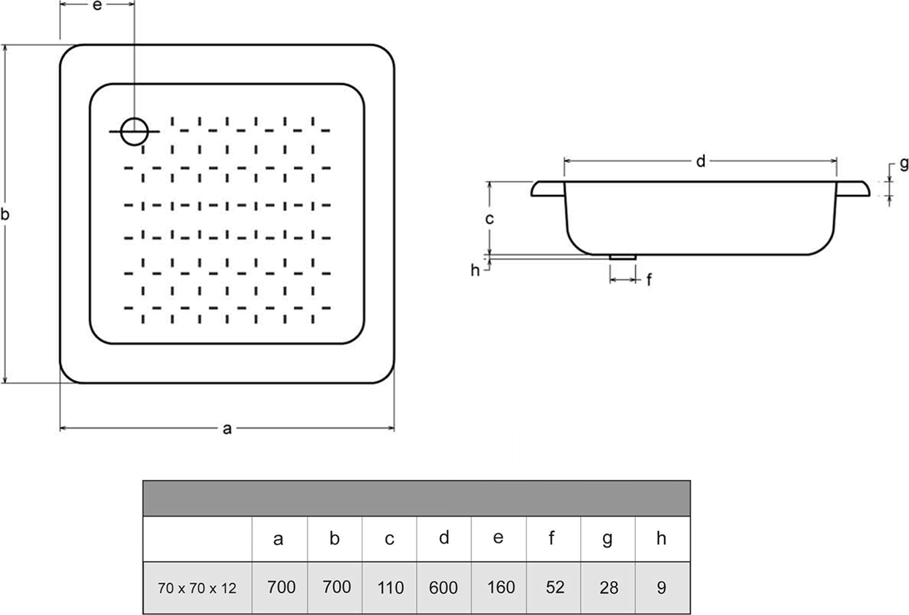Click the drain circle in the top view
pyautogui.click(x=134, y=118)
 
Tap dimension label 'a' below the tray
pyautogui.click(x=227, y=429)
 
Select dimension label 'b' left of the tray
pyautogui.click(x=5, y=214)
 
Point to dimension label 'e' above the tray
pyautogui.click(x=97, y=5)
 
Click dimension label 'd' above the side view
pyautogui.click(x=701, y=161)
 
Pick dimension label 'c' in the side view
pyautogui.click(x=490, y=219)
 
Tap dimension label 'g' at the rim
pyautogui.click(x=904, y=164)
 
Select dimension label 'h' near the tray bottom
pyautogui.click(x=475, y=270)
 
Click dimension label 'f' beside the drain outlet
pyautogui.click(x=649, y=280)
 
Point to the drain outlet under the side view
pyautogui.click(x=623, y=257)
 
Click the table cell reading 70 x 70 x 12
pyautogui.click(x=197, y=588)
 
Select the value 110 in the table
pyautogui.click(x=390, y=588)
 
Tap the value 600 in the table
pyautogui.click(x=443, y=588)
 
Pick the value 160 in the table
pyautogui.click(x=501, y=587)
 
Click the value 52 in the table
pyautogui.click(x=555, y=587)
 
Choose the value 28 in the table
pyautogui.click(x=609, y=588)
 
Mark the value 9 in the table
pyautogui.click(x=661, y=588)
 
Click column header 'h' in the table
pyautogui.click(x=661, y=538)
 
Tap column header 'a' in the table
pyautogui.click(x=278, y=540)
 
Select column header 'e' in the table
pyautogui.click(x=498, y=538)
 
